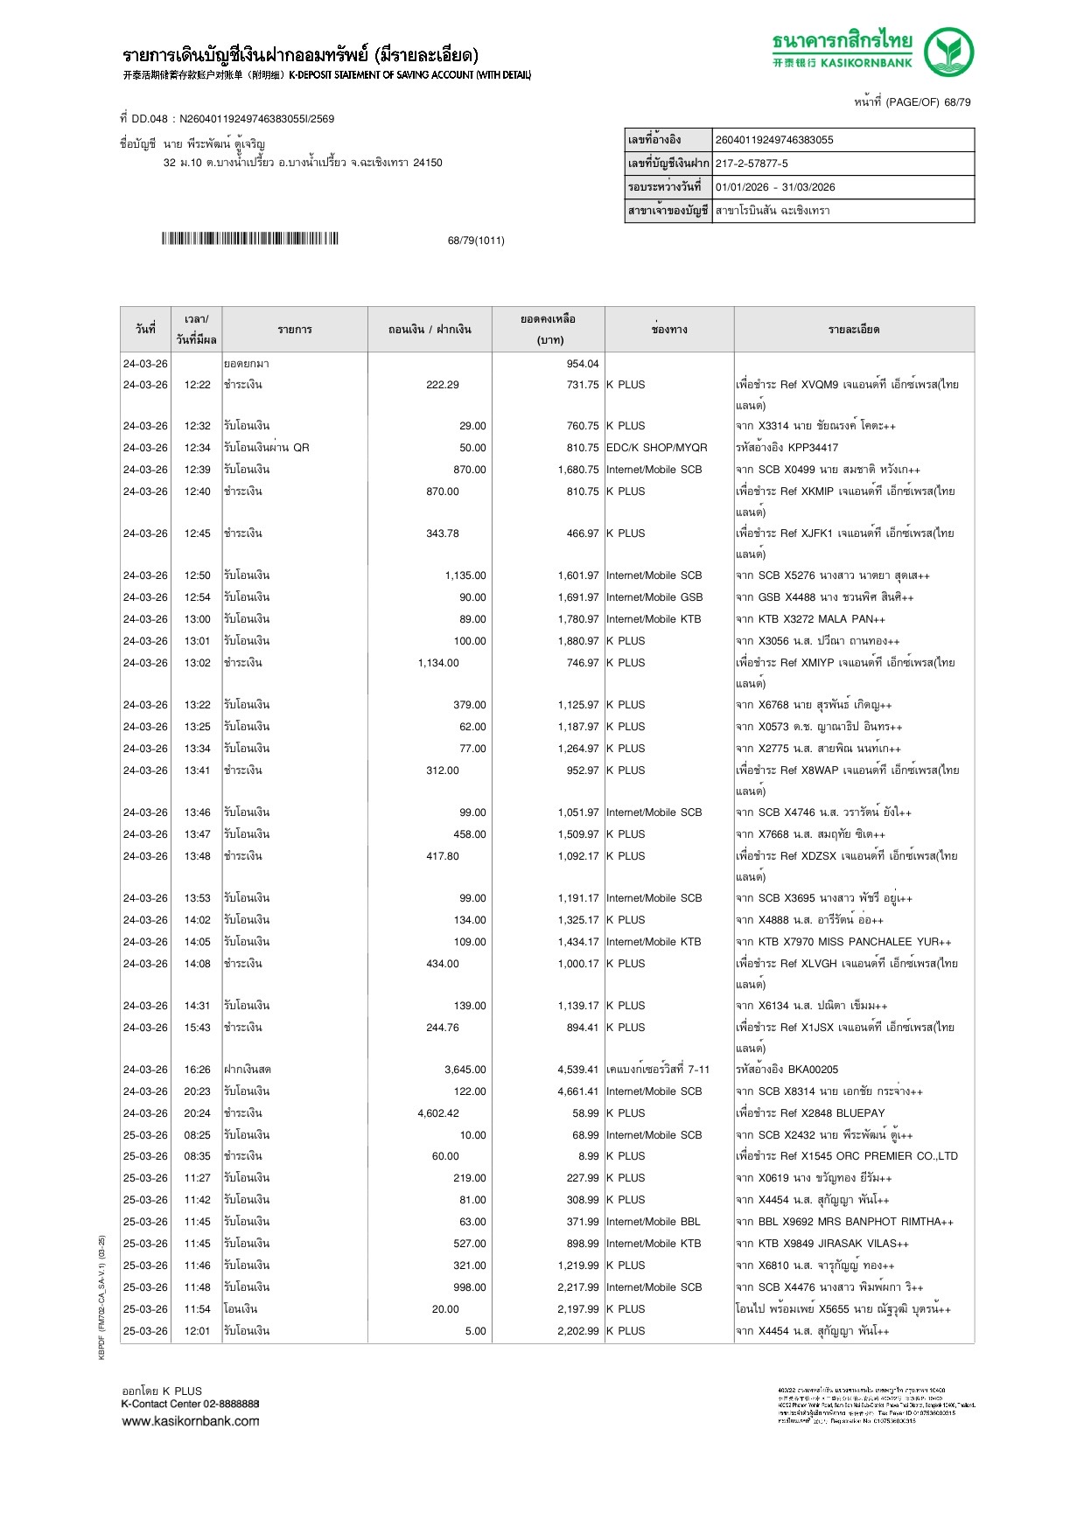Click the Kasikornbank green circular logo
click(x=949, y=52)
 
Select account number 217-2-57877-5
click(x=752, y=164)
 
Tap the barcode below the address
click(x=249, y=239)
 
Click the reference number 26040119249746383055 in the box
click(x=774, y=140)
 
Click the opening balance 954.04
click(x=583, y=364)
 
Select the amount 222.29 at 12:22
click(x=442, y=385)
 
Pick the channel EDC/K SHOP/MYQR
click(x=656, y=448)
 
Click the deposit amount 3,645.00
click(x=465, y=1070)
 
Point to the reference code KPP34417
click(x=813, y=448)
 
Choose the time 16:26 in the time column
click(x=197, y=1070)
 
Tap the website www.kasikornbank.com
click(x=191, y=1421)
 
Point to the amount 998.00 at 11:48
click(x=469, y=1287)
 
